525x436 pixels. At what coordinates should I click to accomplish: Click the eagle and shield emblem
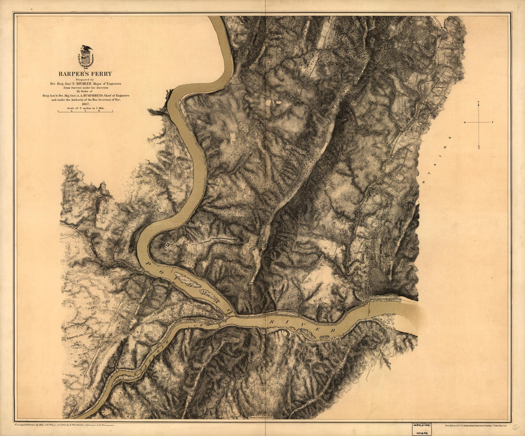(85, 57)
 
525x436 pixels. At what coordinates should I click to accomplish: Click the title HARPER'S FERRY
(85, 74)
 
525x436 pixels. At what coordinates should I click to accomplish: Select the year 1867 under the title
(85, 104)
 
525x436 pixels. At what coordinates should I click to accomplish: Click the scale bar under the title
(85, 112)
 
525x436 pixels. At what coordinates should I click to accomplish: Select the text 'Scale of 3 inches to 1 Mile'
(85, 108)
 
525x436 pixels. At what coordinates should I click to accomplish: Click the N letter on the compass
(479, 103)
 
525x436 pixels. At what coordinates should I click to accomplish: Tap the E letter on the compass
(492, 122)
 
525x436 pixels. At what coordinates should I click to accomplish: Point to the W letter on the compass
(465, 122)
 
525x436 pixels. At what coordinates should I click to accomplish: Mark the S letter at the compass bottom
(479, 148)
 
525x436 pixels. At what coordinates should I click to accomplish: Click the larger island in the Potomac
(187, 280)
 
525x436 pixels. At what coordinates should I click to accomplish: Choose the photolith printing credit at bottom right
(475, 424)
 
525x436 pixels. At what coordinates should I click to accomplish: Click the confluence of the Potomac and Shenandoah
(228, 316)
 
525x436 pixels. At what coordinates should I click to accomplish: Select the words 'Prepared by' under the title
(85, 79)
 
